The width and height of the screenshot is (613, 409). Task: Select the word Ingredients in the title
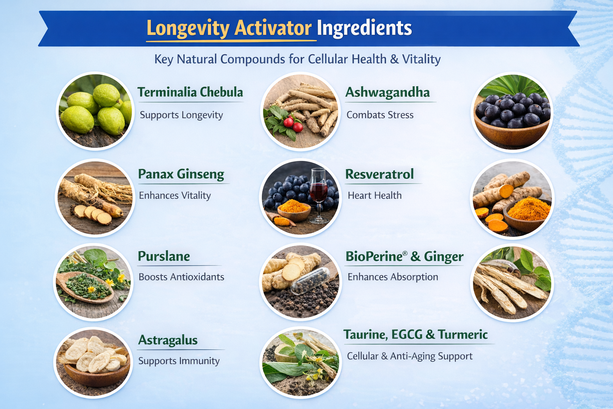pyautogui.click(x=364, y=28)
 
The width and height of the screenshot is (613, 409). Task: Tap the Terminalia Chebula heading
pyautogui.click(x=190, y=92)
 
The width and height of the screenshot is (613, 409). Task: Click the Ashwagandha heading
pyautogui.click(x=387, y=93)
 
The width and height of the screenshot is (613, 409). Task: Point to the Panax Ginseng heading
pyautogui.click(x=181, y=174)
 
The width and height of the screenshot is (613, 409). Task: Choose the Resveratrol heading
pyautogui.click(x=379, y=174)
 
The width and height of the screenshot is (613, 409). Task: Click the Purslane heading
pyautogui.click(x=164, y=256)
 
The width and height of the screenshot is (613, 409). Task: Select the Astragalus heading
pyautogui.click(x=168, y=340)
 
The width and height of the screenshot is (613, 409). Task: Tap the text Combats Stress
pyautogui.click(x=380, y=115)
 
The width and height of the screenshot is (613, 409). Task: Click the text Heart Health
pyautogui.click(x=374, y=195)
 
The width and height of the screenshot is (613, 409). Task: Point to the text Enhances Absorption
pyautogui.click(x=392, y=277)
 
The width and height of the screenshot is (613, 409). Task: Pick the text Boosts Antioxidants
pyautogui.click(x=181, y=277)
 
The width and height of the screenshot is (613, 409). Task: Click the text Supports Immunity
pyautogui.click(x=179, y=361)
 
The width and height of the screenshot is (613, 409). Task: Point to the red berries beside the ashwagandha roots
pyautogui.click(x=293, y=124)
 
